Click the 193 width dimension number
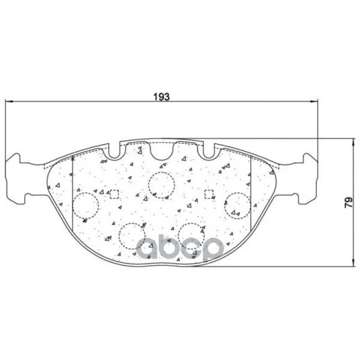161,97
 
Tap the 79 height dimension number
349,203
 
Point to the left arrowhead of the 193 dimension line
8,101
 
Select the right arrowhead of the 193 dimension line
314,101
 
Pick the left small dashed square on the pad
114,194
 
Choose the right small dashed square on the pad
209,194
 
